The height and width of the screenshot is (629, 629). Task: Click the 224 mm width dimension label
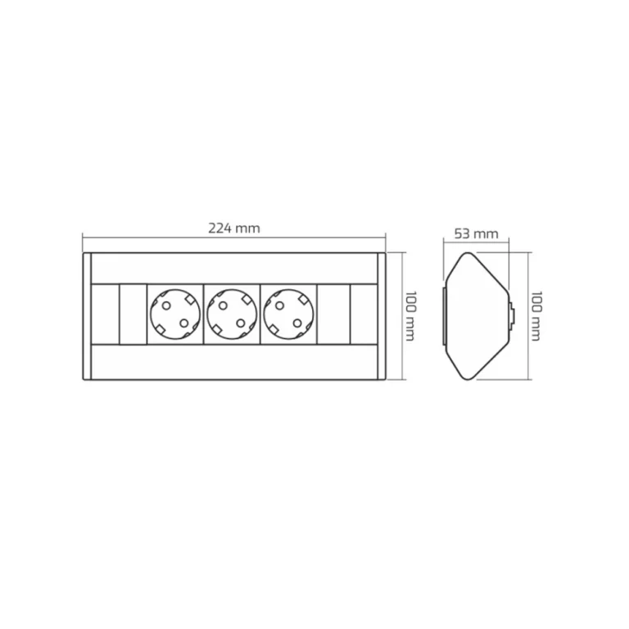[x=234, y=229]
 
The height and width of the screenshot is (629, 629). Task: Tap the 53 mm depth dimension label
[x=476, y=233]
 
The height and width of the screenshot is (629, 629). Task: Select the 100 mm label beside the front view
[x=410, y=316]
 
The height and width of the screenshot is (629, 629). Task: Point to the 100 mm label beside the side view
[x=536, y=316]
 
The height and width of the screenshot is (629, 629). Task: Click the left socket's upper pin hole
[x=166, y=306]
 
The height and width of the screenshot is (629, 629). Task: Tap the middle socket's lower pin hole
[x=241, y=323]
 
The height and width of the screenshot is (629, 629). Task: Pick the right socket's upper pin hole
[x=279, y=306]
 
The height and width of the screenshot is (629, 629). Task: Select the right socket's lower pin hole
[x=297, y=323]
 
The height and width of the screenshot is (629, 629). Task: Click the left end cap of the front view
[x=87, y=316]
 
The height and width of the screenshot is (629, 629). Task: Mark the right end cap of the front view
[x=382, y=316]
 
